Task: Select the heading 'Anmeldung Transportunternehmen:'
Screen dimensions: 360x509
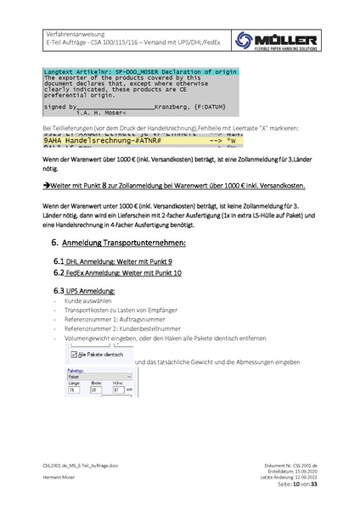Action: coord(136,243)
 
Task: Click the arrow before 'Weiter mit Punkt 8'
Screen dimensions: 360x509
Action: coord(47,184)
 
